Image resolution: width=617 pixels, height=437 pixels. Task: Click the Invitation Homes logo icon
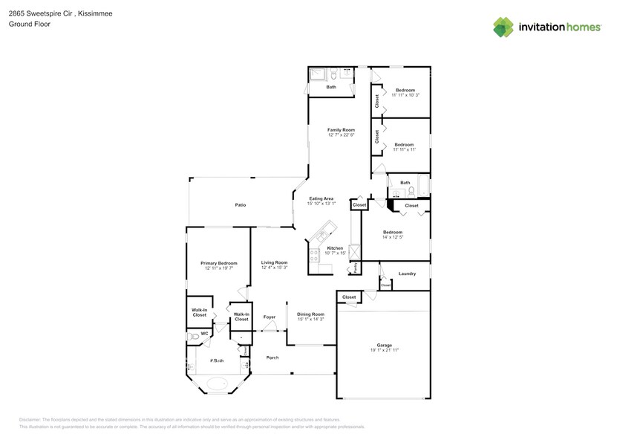(x=503, y=27)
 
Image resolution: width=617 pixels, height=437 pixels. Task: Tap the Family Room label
(x=341, y=129)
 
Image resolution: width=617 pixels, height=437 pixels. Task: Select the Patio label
(x=241, y=205)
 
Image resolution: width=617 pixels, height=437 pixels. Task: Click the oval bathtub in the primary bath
(x=217, y=384)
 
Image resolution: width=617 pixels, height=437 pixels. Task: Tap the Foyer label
(x=270, y=317)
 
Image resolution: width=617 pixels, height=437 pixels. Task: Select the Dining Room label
(x=310, y=314)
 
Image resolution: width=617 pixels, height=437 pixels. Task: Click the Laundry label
(x=406, y=273)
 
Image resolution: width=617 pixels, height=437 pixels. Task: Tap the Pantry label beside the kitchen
(x=356, y=266)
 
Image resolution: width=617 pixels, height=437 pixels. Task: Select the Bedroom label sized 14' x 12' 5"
(x=393, y=232)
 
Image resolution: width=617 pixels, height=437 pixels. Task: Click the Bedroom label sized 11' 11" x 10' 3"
(x=404, y=90)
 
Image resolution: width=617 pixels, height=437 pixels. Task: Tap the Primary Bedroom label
(x=219, y=263)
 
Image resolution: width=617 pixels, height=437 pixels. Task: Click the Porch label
(x=272, y=357)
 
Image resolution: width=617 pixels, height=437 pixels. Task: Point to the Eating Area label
(x=321, y=198)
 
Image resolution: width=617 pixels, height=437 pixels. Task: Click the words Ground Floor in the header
(x=25, y=24)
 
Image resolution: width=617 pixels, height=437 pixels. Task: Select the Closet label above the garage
(x=349, y=297)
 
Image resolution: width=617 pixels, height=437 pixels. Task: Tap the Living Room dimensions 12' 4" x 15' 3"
(x=273, y=268)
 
